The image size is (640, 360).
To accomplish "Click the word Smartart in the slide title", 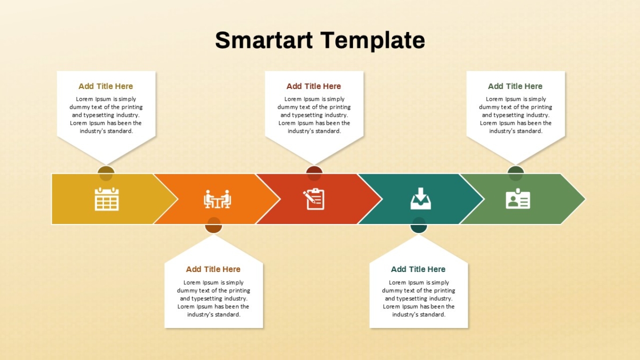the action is (x=263, y=40).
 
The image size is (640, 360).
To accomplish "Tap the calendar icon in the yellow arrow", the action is (x=107, y=199).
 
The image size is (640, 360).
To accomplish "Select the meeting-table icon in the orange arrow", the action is (x=218, y=199).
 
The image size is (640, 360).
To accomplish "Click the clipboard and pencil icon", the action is (x=314, y=199).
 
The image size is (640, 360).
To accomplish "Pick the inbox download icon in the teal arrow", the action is (x=421, y=198).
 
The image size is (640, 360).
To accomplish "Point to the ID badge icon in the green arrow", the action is (x=518, y=198).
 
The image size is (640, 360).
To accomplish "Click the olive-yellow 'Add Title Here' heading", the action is (x=106, y=86).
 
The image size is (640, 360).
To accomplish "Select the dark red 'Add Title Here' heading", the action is (x=314, y=86).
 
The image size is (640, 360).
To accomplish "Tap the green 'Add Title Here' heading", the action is (x=515, y=86).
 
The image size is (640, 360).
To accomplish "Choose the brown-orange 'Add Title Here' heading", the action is (x=213, y=269).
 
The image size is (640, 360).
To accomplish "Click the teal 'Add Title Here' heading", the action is (x=418, y=269).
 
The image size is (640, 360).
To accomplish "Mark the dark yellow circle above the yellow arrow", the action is (x=106, y=173).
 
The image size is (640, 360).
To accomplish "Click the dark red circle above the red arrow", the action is (x=314, y=173).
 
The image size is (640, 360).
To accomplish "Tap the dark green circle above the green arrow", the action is (x=516, y=173).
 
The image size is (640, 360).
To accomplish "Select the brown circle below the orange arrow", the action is (x=213, y=225).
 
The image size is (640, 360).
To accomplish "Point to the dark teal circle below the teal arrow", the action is (x=419, y=225).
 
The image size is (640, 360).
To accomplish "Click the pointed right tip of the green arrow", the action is (x=585, y=199).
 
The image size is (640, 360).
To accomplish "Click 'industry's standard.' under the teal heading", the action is (x=419, y=315).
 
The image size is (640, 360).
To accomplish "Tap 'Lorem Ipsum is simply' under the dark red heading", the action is (x=314, y=99).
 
